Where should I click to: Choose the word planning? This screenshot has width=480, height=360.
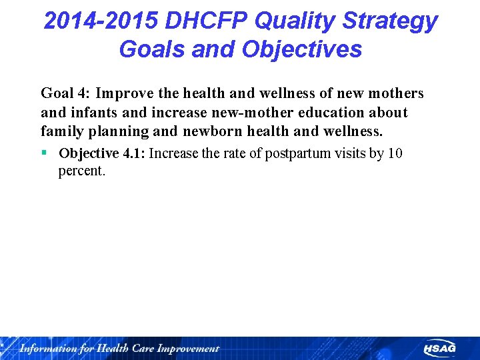[114, 131]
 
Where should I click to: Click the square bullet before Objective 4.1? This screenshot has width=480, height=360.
[44, 153]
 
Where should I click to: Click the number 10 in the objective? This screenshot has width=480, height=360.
[395, 154]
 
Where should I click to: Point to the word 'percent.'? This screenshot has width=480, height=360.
[82, 171]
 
